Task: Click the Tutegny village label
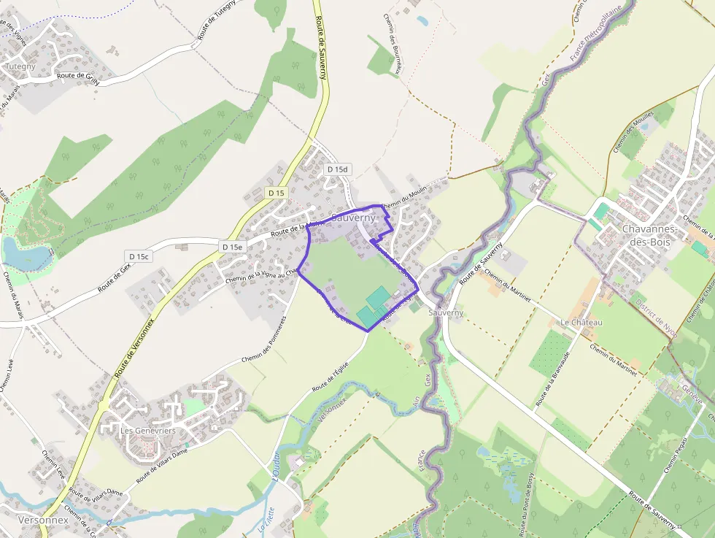coord(20,66)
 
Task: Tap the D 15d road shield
coord(338,169)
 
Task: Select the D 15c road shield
coord(139,256)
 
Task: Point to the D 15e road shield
coord(232,247)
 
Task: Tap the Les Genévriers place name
coord(147,431)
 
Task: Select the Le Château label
coord(581,322)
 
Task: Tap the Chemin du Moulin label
coord(403,198)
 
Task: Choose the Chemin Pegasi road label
coord(677,453)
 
